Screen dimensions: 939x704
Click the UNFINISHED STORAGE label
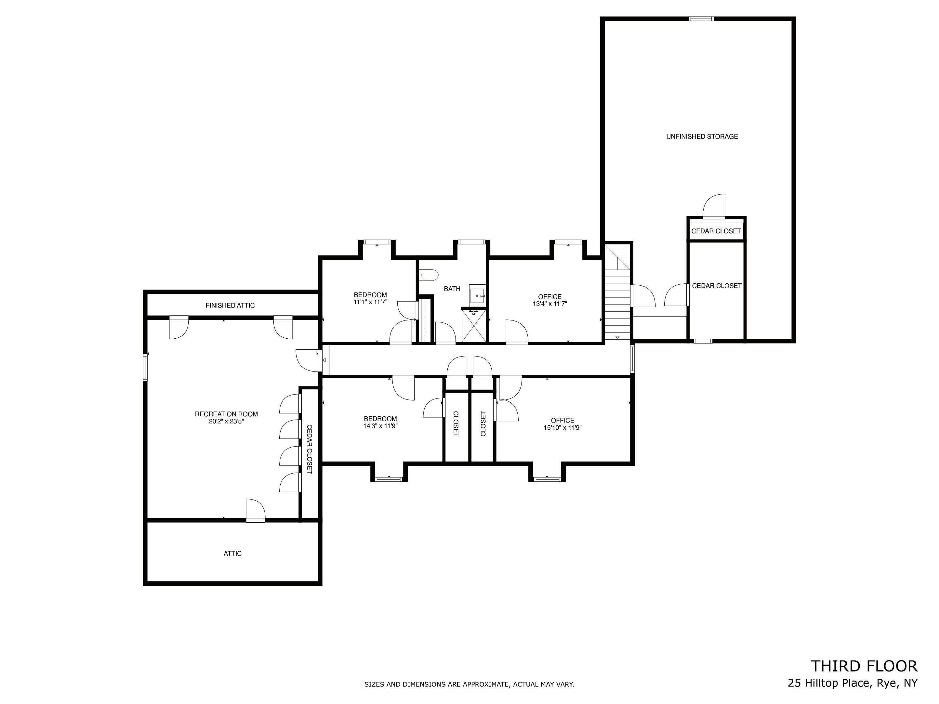pos(702,137)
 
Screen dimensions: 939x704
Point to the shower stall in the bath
pos(474,325)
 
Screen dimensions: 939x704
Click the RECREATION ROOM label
pos(226,414)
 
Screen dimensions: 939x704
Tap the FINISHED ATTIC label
pos(230,306)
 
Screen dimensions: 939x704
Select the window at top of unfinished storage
pos(701,19)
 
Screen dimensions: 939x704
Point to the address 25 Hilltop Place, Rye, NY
pos(853,683)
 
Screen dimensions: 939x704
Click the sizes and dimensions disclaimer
pos(469,684)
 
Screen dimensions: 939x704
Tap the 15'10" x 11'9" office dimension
pos(562,428)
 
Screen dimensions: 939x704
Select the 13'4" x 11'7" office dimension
pos(550,304)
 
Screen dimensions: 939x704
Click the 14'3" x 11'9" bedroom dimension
pos(380,426)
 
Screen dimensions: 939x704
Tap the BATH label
pos(452,289)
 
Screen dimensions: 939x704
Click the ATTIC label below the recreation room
pos(232,554)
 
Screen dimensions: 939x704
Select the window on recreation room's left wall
pos(145,368)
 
